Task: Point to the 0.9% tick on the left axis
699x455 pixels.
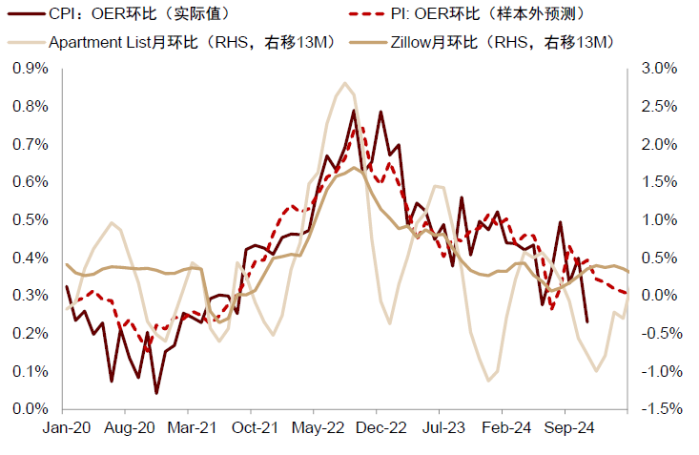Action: point(31,69)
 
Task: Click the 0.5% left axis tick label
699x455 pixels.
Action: point(31,219)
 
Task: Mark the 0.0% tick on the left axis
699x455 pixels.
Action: point(31,409)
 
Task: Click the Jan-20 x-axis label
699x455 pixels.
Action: point(66,428)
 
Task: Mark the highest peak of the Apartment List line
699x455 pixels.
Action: point(344,83)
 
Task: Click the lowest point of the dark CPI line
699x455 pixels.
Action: point(156,393)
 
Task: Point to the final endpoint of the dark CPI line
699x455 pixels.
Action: point(586,321)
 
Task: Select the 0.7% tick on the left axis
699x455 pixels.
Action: point(31,144)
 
